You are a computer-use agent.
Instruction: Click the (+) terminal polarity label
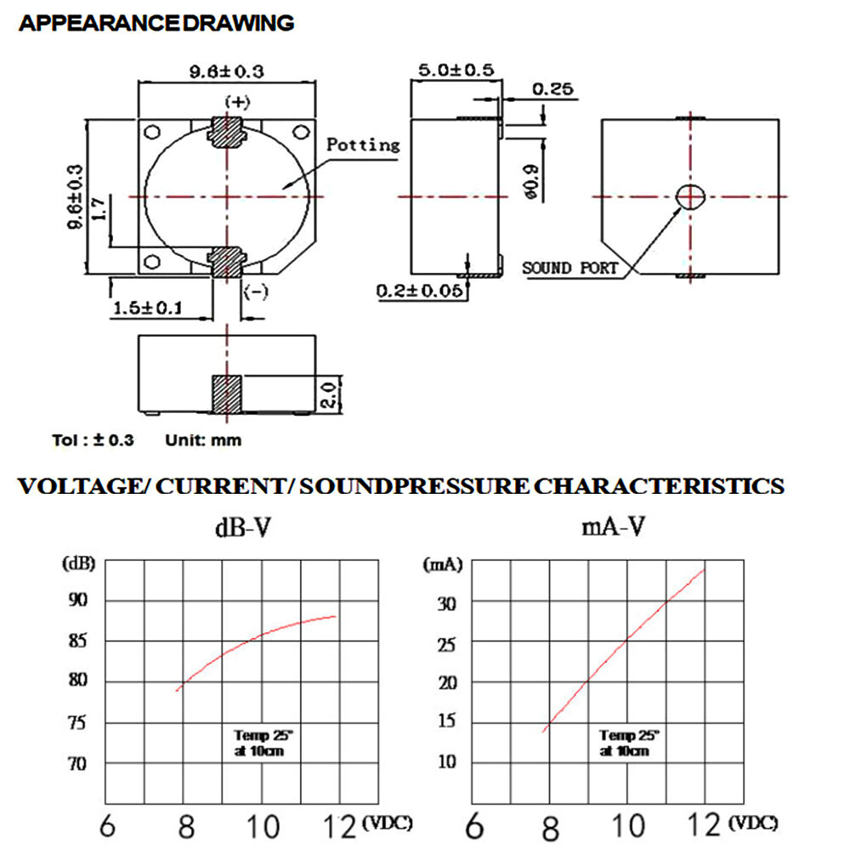click(x=237, y=102)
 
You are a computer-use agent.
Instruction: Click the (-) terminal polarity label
click(x=255, y=291)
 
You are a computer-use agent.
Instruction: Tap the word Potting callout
click(x=363, y=144)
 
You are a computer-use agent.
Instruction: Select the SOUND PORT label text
click(x=569, y=268)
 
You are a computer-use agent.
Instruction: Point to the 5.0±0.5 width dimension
click(x=456, y=70)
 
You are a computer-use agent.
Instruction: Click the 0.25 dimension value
click(x=552, y=89)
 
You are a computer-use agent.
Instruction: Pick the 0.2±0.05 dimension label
click(x=420, y=291)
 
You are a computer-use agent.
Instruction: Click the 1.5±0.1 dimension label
click(x=147, y=308)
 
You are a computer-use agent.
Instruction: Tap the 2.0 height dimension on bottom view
click(x=330, y=394)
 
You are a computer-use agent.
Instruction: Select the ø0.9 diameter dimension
click(x=532, y=182)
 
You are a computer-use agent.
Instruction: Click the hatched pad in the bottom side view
click(x=227, y=394)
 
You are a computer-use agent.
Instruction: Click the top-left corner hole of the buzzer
click(x=152, y=133)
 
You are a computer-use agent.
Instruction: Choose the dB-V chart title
click(x=242, y=528)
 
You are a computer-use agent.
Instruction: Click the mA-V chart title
click(x=613, y=526)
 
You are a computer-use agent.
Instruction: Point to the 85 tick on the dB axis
click(x=77, y=641)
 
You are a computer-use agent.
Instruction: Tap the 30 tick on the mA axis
click(x=447, y=603)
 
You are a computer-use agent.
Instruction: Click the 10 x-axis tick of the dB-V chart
click(x=263, y=827)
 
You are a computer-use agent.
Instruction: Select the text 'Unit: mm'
click(x=203, y=440)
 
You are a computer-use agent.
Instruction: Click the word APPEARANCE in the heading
click(x=99, y=23)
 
